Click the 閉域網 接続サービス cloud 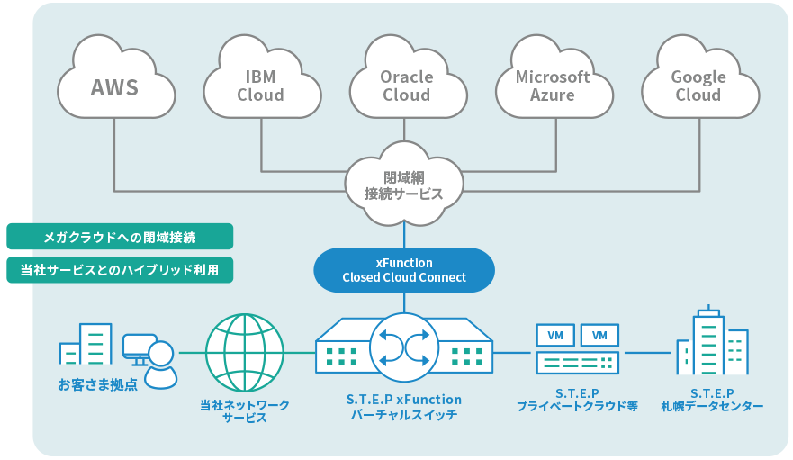404,185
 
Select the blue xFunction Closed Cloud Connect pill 404,270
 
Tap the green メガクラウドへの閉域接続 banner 120,237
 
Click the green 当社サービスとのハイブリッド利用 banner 120,270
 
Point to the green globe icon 245,353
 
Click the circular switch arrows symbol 404,347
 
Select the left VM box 555,336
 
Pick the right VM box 599,336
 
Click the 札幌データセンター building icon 713,340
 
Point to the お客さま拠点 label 97,385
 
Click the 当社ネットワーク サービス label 245,411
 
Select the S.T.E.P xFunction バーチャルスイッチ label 404,408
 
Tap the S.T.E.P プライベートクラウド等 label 577,400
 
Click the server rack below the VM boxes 578,363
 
